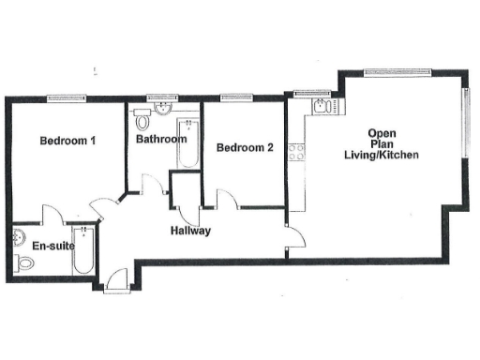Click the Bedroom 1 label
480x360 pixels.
pyautogui.click(x=68, y=141)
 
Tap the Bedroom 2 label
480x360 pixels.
pyautogui.click(x=245, y=147)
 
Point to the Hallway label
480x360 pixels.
pyautogui.click(x=190, y=231)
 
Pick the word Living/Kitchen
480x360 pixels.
pyautogui.click(x=381, y=156)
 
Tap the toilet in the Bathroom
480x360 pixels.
pyautogui.click(x=142, y=121)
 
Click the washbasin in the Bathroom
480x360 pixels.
pyautogui.click(x=166, y=108)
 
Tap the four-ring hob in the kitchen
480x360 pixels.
pyautogui.click(x=296, y=150)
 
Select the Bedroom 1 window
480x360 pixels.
pyautogui.click(x=67, y=97)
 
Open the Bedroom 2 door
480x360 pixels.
pyautogui.click(x=226, y=199)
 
